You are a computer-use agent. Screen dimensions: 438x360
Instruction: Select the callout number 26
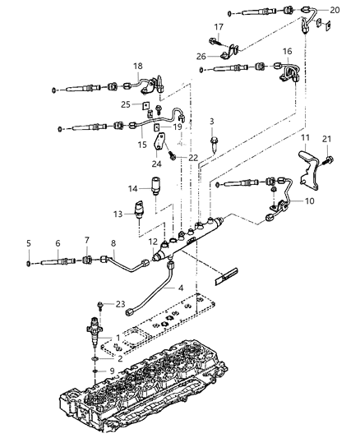coord(201,57)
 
